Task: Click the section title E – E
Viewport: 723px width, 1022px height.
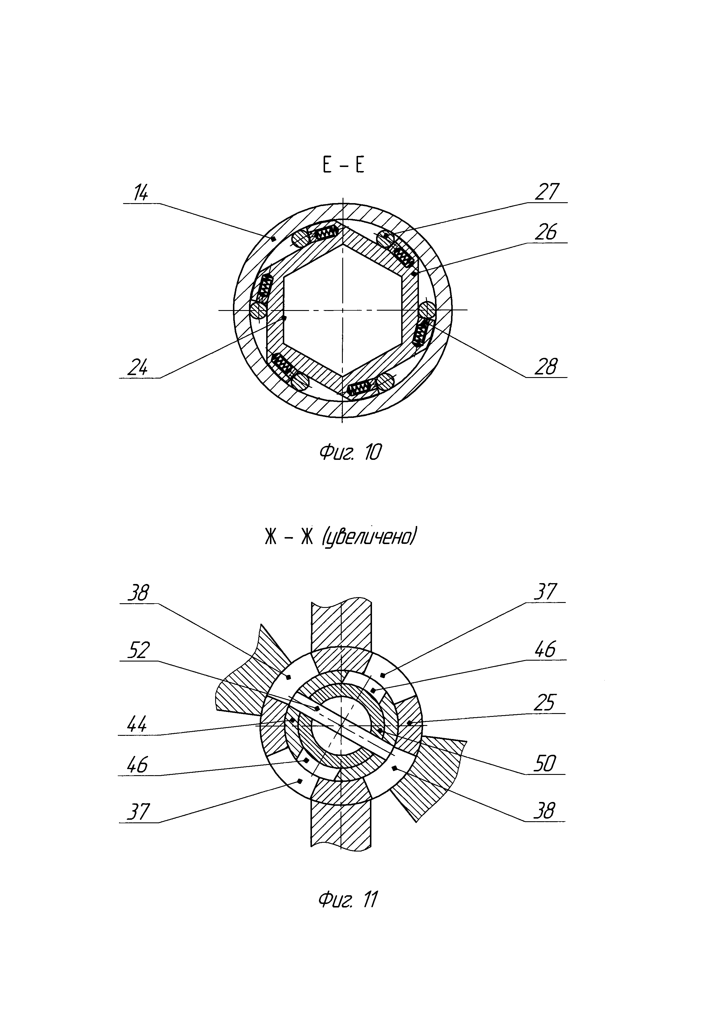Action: coord(342,166)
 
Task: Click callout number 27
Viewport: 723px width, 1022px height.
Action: coord(547,192)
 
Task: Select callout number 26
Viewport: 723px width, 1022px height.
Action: coord(545,232)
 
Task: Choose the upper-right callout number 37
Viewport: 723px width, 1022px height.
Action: coord(545,592)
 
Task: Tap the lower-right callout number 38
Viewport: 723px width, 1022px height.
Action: coord(545,811)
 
